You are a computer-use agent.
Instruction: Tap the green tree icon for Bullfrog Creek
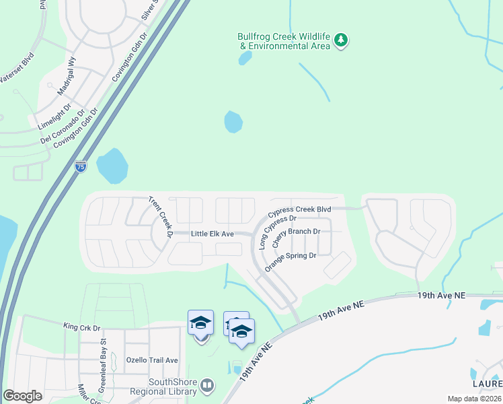[342, 40]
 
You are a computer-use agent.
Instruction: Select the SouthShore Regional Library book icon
[208, 385]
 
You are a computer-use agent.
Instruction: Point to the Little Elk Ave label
[212, 234]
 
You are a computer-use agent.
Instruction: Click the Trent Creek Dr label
[161, 217]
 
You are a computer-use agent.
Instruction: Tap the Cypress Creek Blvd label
[300, 210]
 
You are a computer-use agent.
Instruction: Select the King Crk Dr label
[81, 327]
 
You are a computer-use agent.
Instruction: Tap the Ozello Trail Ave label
[152, 360]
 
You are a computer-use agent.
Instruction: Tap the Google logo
[22, 396]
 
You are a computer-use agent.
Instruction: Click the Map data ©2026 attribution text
[473, 399]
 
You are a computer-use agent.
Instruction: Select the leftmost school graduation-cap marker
[200, 323]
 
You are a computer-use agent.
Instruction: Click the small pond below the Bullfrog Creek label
[245, 58]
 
